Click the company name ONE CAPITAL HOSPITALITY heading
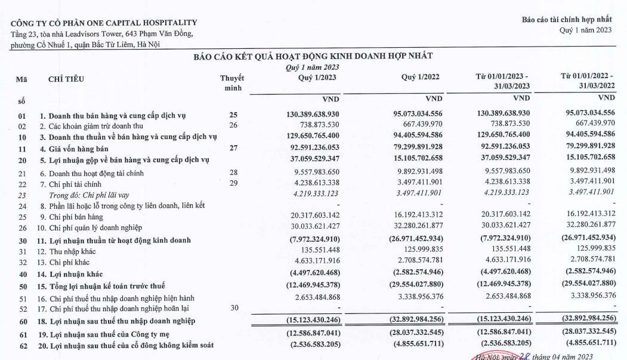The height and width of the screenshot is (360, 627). pyautogui.click(x=104, y=23)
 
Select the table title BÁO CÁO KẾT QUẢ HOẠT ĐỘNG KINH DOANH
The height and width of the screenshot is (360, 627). pyautogui.click(x=313, y=56)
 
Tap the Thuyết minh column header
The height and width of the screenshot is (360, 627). pyautogui.click(x=232, y=83)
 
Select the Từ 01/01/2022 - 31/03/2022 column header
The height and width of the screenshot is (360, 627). pyautogui.click(x=588, y=82)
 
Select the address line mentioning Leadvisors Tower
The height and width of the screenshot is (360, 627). pyautogui.click(x=102, y=33)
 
